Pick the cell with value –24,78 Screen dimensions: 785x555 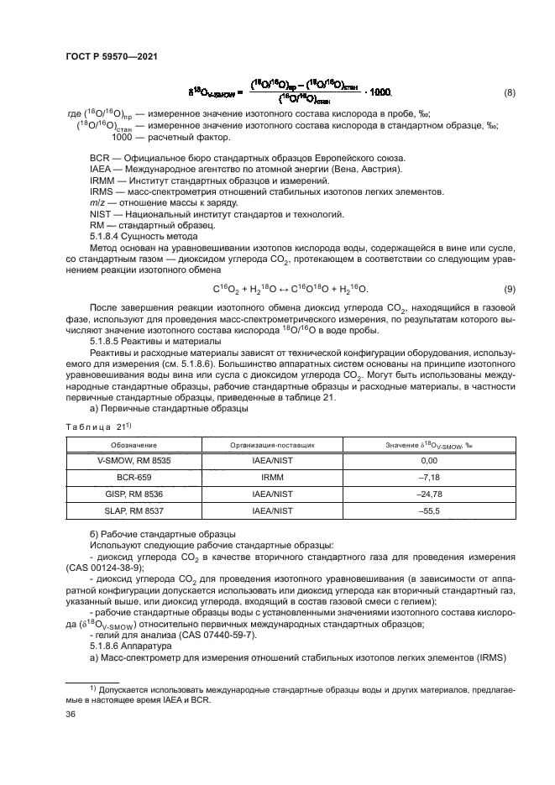pos(429,495)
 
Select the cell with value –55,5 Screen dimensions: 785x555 pos(429,512)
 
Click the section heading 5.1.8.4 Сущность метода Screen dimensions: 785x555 pos(144,237)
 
